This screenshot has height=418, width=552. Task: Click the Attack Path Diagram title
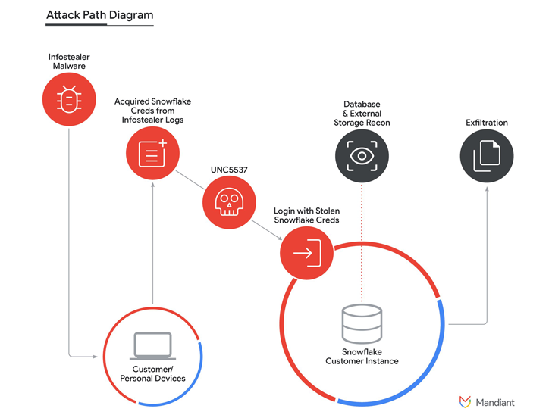click(x=99, y=15)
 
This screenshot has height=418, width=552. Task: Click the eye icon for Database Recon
click(x=362, y=157)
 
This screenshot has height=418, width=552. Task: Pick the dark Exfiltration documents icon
click(x=487, y=157)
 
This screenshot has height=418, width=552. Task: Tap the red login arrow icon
click(x=306, y=253)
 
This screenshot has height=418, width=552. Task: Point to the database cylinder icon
click(x=362, y=323)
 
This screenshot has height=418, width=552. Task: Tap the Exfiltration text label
click(x=487, y=123)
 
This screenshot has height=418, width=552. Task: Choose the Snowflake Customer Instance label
click(x=362, y=357)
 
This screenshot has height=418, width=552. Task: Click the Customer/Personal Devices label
click(x=153, y=374)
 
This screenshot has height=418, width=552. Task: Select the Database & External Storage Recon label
click(x=362, y=113)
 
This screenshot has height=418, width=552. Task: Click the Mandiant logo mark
click(x=466, y=401)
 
